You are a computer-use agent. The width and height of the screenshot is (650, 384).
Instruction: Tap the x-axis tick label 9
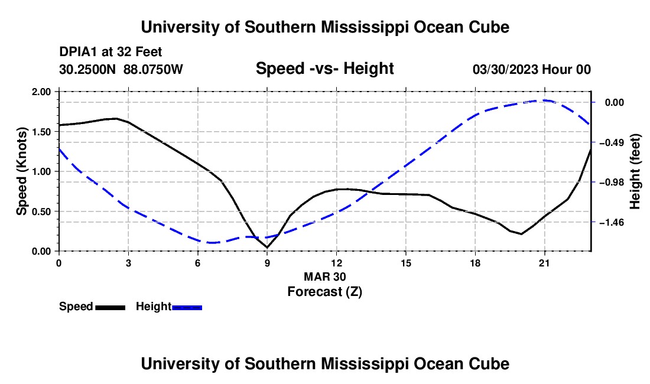point(267,263)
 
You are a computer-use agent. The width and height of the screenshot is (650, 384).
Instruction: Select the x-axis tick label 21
point(544,263)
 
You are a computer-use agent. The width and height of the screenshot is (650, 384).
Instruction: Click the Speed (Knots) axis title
point(21,171)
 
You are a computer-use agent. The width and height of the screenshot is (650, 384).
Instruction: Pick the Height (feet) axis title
point(635,171)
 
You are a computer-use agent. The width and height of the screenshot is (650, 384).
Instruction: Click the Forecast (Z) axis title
point(324,292)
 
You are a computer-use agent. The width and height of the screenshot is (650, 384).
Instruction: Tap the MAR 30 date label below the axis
point(324,276)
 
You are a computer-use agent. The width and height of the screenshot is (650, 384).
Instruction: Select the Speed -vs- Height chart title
point(324,69)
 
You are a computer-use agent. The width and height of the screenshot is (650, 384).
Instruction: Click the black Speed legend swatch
point(110,307)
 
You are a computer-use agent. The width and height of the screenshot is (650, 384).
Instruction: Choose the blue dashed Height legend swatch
point(187,307)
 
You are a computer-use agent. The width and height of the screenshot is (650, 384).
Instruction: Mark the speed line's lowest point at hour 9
point(267,248)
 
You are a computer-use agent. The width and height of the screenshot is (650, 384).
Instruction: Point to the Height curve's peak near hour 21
point(544,100)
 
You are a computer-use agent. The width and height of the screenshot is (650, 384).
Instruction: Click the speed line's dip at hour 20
point(521,233)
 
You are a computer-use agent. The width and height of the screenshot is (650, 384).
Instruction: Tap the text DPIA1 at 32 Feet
point(110,52)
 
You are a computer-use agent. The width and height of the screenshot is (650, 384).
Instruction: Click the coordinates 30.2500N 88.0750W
point(121,69)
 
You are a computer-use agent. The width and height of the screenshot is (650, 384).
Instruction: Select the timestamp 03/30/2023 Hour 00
point(532,69)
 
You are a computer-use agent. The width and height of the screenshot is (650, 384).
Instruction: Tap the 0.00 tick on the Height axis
point(615,103)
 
